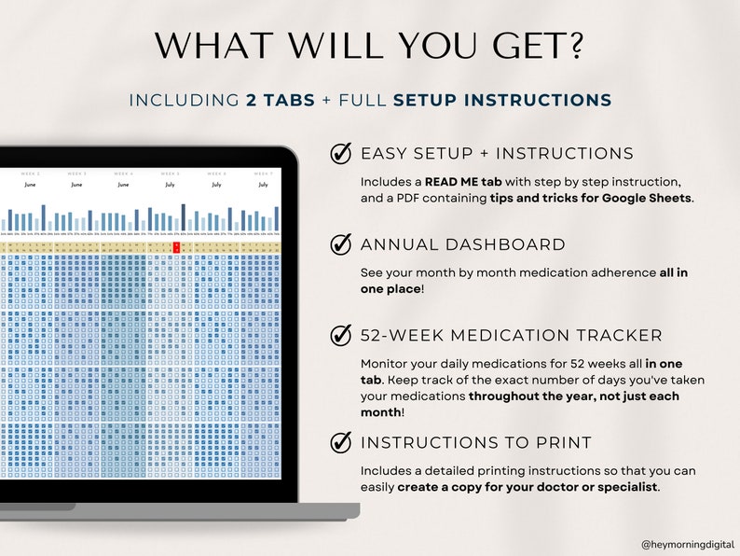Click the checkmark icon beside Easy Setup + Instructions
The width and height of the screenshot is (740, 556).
tap(341, 154)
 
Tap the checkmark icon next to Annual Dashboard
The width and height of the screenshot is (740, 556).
tap(341, 245)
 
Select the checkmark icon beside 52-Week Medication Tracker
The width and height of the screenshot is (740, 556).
tap(341, 336)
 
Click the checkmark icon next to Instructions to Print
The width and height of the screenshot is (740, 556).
tap(341, 442)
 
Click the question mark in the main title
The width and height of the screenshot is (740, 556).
tap(576, 47)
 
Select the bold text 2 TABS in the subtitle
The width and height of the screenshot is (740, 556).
tap(281, 101)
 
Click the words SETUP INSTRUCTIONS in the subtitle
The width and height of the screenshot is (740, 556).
tap(502, 101)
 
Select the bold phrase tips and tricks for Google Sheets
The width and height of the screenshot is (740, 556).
tap(592, 198)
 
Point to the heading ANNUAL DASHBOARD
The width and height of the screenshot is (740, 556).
tap(462, 245)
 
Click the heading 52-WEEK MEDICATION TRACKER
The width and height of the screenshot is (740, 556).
tap(512, 336)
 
